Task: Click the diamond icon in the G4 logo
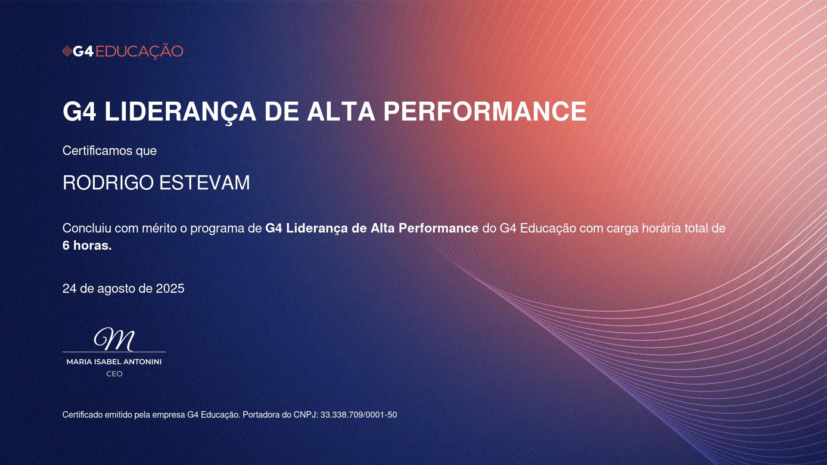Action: pyautogui.click(x=67, y=52)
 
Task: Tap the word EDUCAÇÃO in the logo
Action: pyautogui.click(x=139, y=51)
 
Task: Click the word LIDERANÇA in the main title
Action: pyautogui.click(x=180, y=112)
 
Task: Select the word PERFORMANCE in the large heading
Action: pyautogui.click(x=485, y=112)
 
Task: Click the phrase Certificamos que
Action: pyautogui.click(x=109, y=151)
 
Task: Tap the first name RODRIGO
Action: pyautogui.click(x=108, y=183)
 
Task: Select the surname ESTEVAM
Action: pyautogui.click(x=205, y=183)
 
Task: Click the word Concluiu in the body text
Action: pyautogui.click(x=87, y=228)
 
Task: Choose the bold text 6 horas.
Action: pyautogui.click(x=87, y=245)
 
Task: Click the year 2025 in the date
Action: pyautogui.click(x=170, y=288)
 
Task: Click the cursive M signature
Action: pyautogui.click(x=114, y=339)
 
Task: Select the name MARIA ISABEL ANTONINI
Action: pyautogui.click(x=114, y=362)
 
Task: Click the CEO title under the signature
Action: pyautogui.click(x=115, y=374)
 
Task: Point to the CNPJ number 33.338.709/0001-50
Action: pyautogui.click(x=359, y=415)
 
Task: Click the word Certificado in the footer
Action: pyautogui.click(x=82, y=415)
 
